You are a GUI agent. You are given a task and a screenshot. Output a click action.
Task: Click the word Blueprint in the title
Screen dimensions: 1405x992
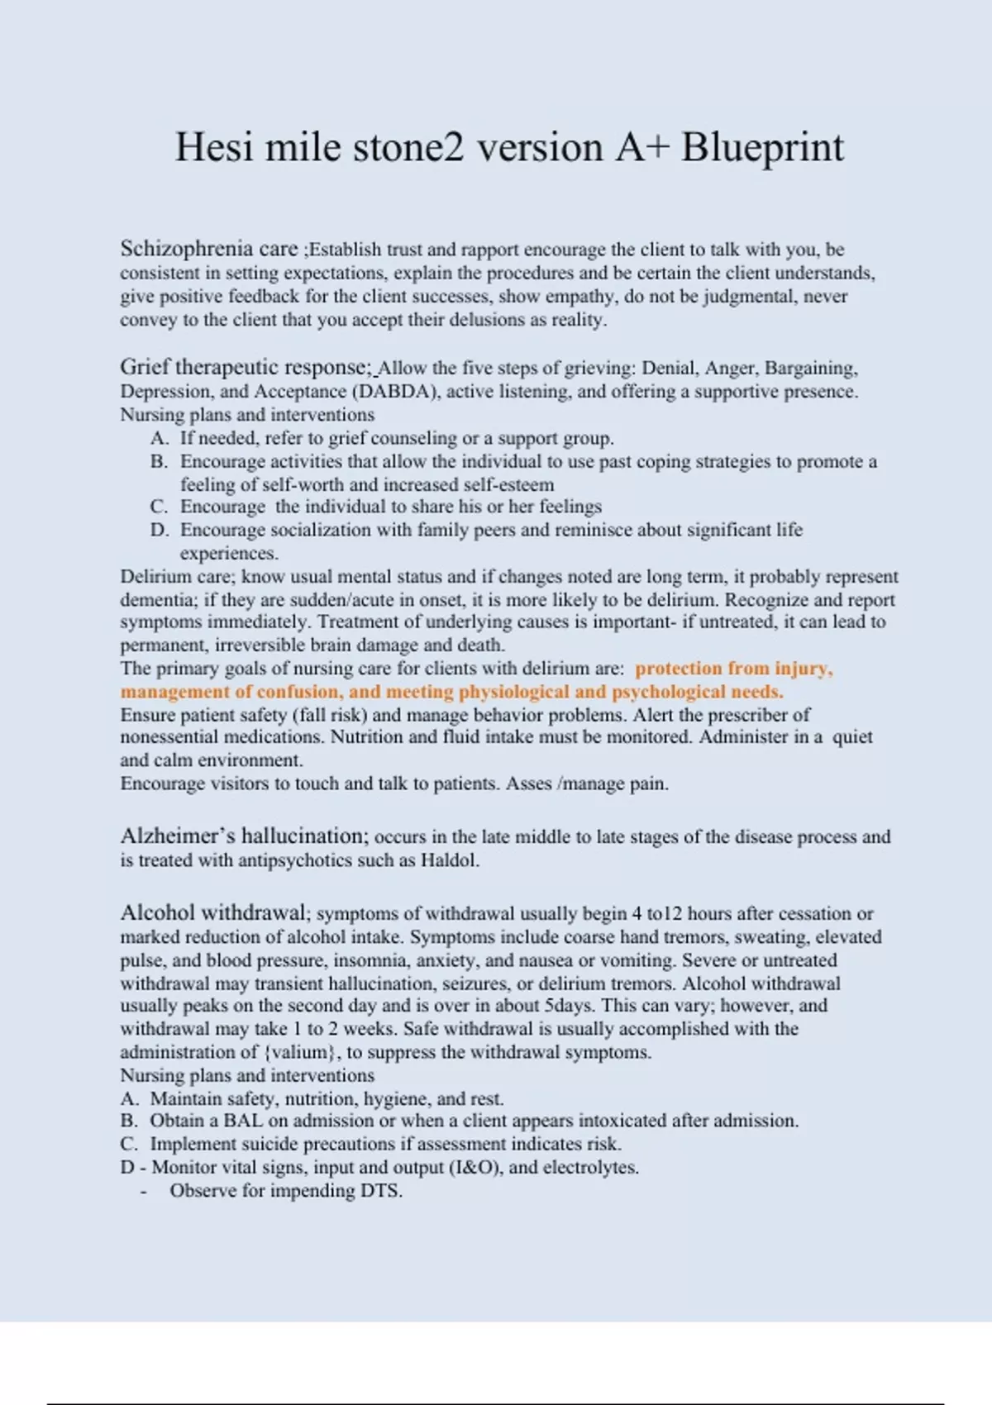tap(762, 148)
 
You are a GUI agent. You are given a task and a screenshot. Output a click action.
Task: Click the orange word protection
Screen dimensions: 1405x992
tap(678, 669)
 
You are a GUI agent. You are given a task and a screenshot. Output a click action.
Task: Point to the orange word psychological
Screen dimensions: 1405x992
tap(667, 692)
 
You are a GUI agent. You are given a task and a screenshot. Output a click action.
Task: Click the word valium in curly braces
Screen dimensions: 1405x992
tap(301, 1052)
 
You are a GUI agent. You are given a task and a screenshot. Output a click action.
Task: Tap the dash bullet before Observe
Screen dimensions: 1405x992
tap(145, 1192)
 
